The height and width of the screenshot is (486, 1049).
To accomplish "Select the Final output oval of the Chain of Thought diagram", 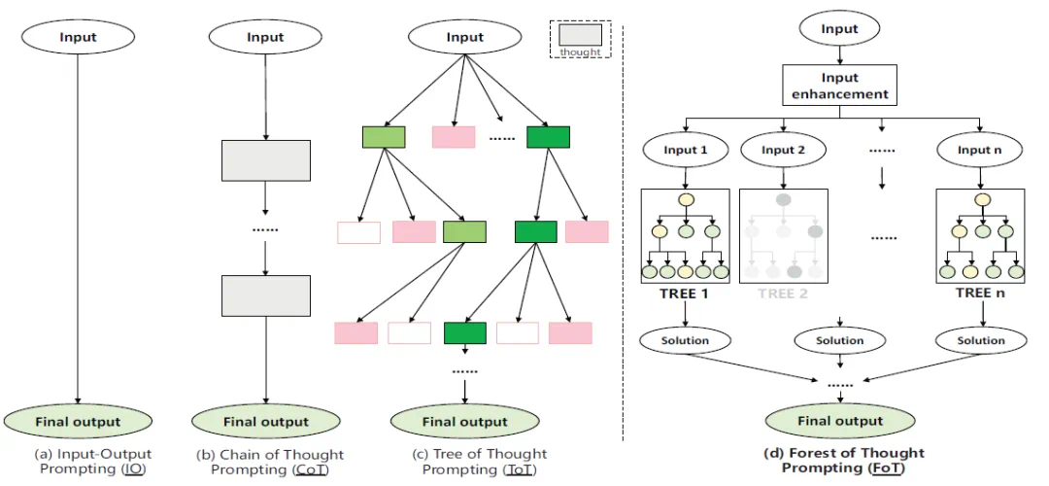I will (266, 422).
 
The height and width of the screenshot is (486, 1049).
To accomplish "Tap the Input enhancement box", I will (839, 87).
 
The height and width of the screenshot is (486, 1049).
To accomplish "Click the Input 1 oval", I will (687, 150).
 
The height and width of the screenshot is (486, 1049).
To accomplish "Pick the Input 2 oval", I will (785, 150).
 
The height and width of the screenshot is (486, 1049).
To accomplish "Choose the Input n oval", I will (979, 150).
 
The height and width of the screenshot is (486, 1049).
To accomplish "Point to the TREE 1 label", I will (686, 294).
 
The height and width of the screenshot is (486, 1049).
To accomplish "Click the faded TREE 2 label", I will (783, 294).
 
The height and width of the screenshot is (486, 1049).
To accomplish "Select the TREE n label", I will (979, 294).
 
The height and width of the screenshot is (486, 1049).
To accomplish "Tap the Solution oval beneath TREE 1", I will (686, 340).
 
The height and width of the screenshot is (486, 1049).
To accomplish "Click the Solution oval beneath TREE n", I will (981, 340).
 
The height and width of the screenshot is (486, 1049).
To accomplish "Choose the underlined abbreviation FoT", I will (883, 468).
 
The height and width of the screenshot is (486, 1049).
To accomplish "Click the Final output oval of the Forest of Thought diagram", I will (840, 421).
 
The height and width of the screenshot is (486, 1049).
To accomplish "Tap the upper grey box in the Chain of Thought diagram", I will (266, 160).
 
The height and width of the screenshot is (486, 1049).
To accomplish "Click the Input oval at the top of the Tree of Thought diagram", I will (464, 38).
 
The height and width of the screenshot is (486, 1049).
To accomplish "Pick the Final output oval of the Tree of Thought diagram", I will (465, 422).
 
